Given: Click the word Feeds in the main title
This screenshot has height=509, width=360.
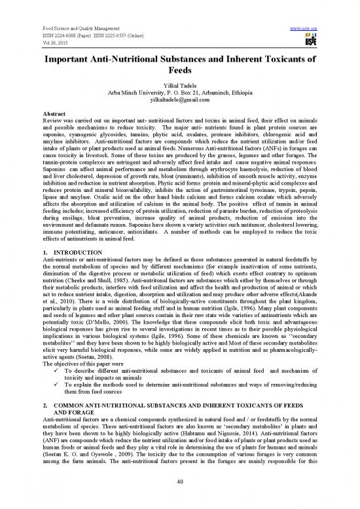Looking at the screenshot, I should pos(179,72).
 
